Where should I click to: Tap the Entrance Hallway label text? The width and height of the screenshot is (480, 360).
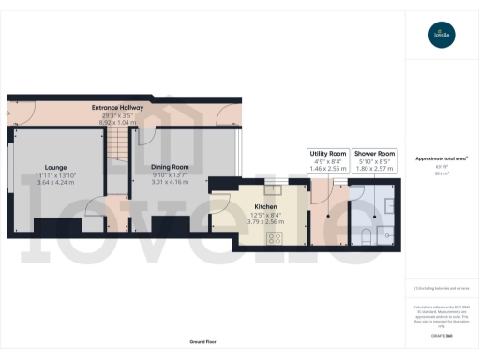117,108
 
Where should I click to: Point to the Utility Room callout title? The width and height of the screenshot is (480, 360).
328,152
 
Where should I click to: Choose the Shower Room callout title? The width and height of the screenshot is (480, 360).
374,152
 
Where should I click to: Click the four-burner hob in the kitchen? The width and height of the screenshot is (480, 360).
276,236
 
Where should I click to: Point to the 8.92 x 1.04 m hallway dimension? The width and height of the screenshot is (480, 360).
117,122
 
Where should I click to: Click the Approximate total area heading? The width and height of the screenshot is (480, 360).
442,158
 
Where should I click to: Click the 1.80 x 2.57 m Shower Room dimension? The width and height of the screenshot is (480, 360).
374,169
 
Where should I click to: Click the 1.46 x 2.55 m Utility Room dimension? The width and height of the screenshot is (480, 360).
328,169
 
